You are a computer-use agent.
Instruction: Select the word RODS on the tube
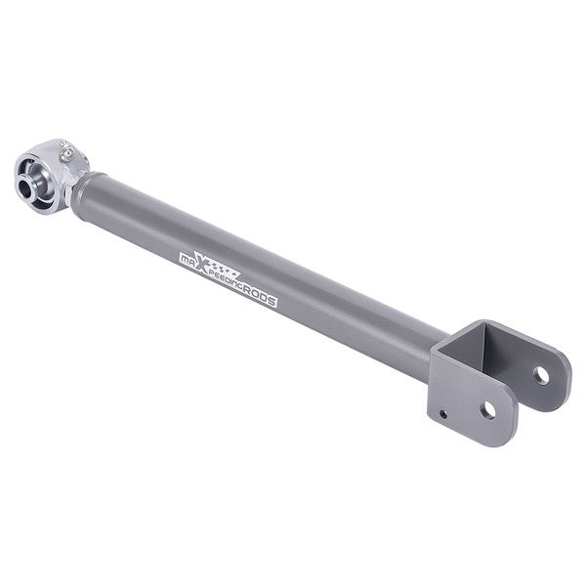coord(259,294)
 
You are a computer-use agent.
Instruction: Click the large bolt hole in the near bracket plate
coord(486,410)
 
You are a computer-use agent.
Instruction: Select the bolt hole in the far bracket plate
coord(541,374)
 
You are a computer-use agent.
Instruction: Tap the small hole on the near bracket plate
coord(444,414)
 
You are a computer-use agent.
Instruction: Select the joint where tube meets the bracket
coord(435,356)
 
